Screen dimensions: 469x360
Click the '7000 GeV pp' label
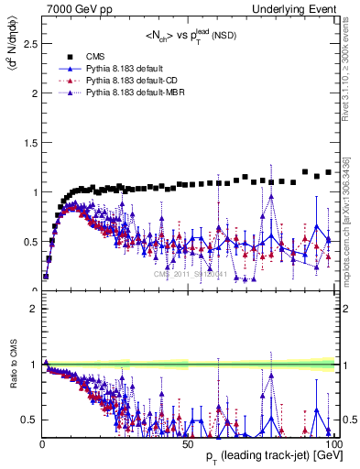pyautogui.click(x=73, y=8)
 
